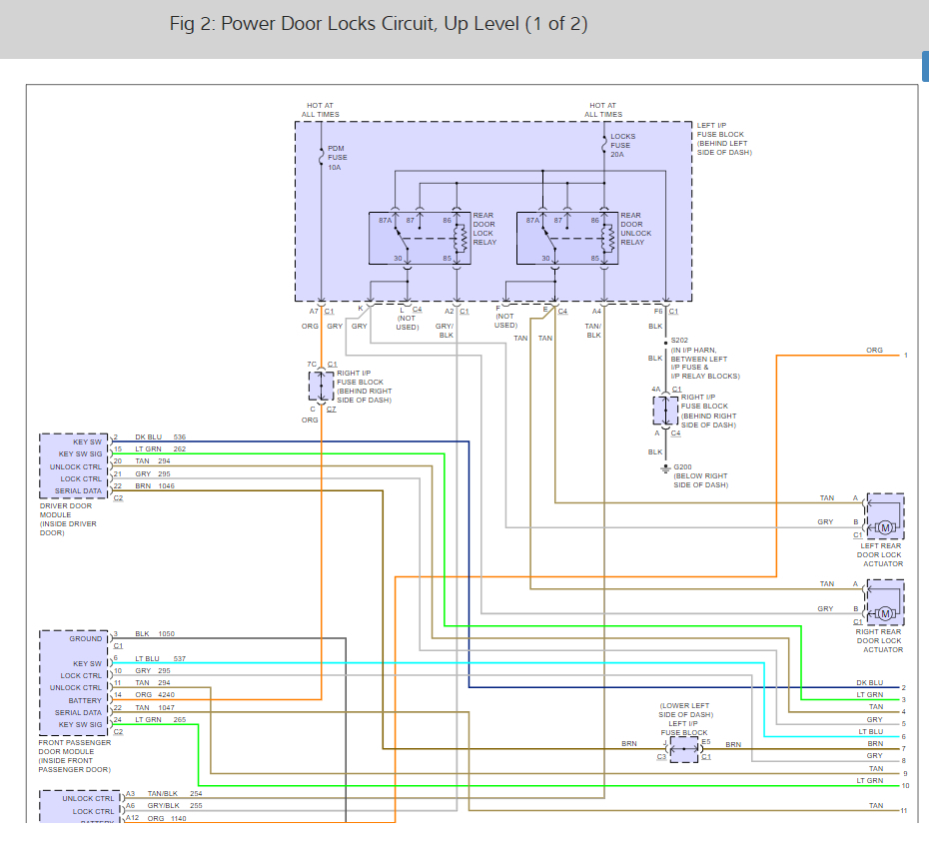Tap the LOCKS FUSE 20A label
tap(622, 146)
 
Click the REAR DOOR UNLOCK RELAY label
tap(635, 229)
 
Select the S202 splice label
tap(679, 340)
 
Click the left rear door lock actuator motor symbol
tap(884, 526)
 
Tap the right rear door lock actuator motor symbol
tap(884, 613)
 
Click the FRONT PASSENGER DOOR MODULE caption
tap(76, 756)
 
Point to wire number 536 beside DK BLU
tap(180, 437)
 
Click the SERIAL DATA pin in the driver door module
tap(78, 490)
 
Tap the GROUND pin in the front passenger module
tap(86, 638)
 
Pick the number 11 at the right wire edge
tap(904, 810)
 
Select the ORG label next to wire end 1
tap(874, 351)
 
